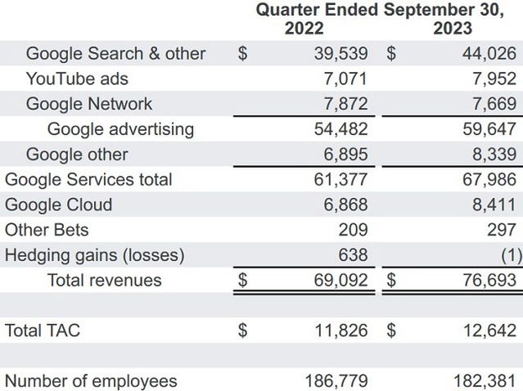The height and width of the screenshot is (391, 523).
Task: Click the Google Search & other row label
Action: [x=115, y=54]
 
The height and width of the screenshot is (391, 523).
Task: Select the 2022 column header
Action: [x=304, y=29]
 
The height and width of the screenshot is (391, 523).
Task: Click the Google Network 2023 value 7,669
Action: [x=489, y=104]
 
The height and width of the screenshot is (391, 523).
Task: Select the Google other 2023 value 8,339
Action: [x=489, y=155]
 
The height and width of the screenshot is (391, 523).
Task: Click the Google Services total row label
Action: [x=88, y=179]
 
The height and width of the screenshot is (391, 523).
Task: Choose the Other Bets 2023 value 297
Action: [x=501, y=230]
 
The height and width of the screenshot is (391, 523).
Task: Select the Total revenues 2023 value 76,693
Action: [x=484, y=281]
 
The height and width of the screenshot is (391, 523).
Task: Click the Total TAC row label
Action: [x=43, y=330]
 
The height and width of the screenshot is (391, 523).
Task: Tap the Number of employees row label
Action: [x=91, y=380]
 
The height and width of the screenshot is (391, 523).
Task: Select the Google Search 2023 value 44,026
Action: [x=484, y=54]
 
